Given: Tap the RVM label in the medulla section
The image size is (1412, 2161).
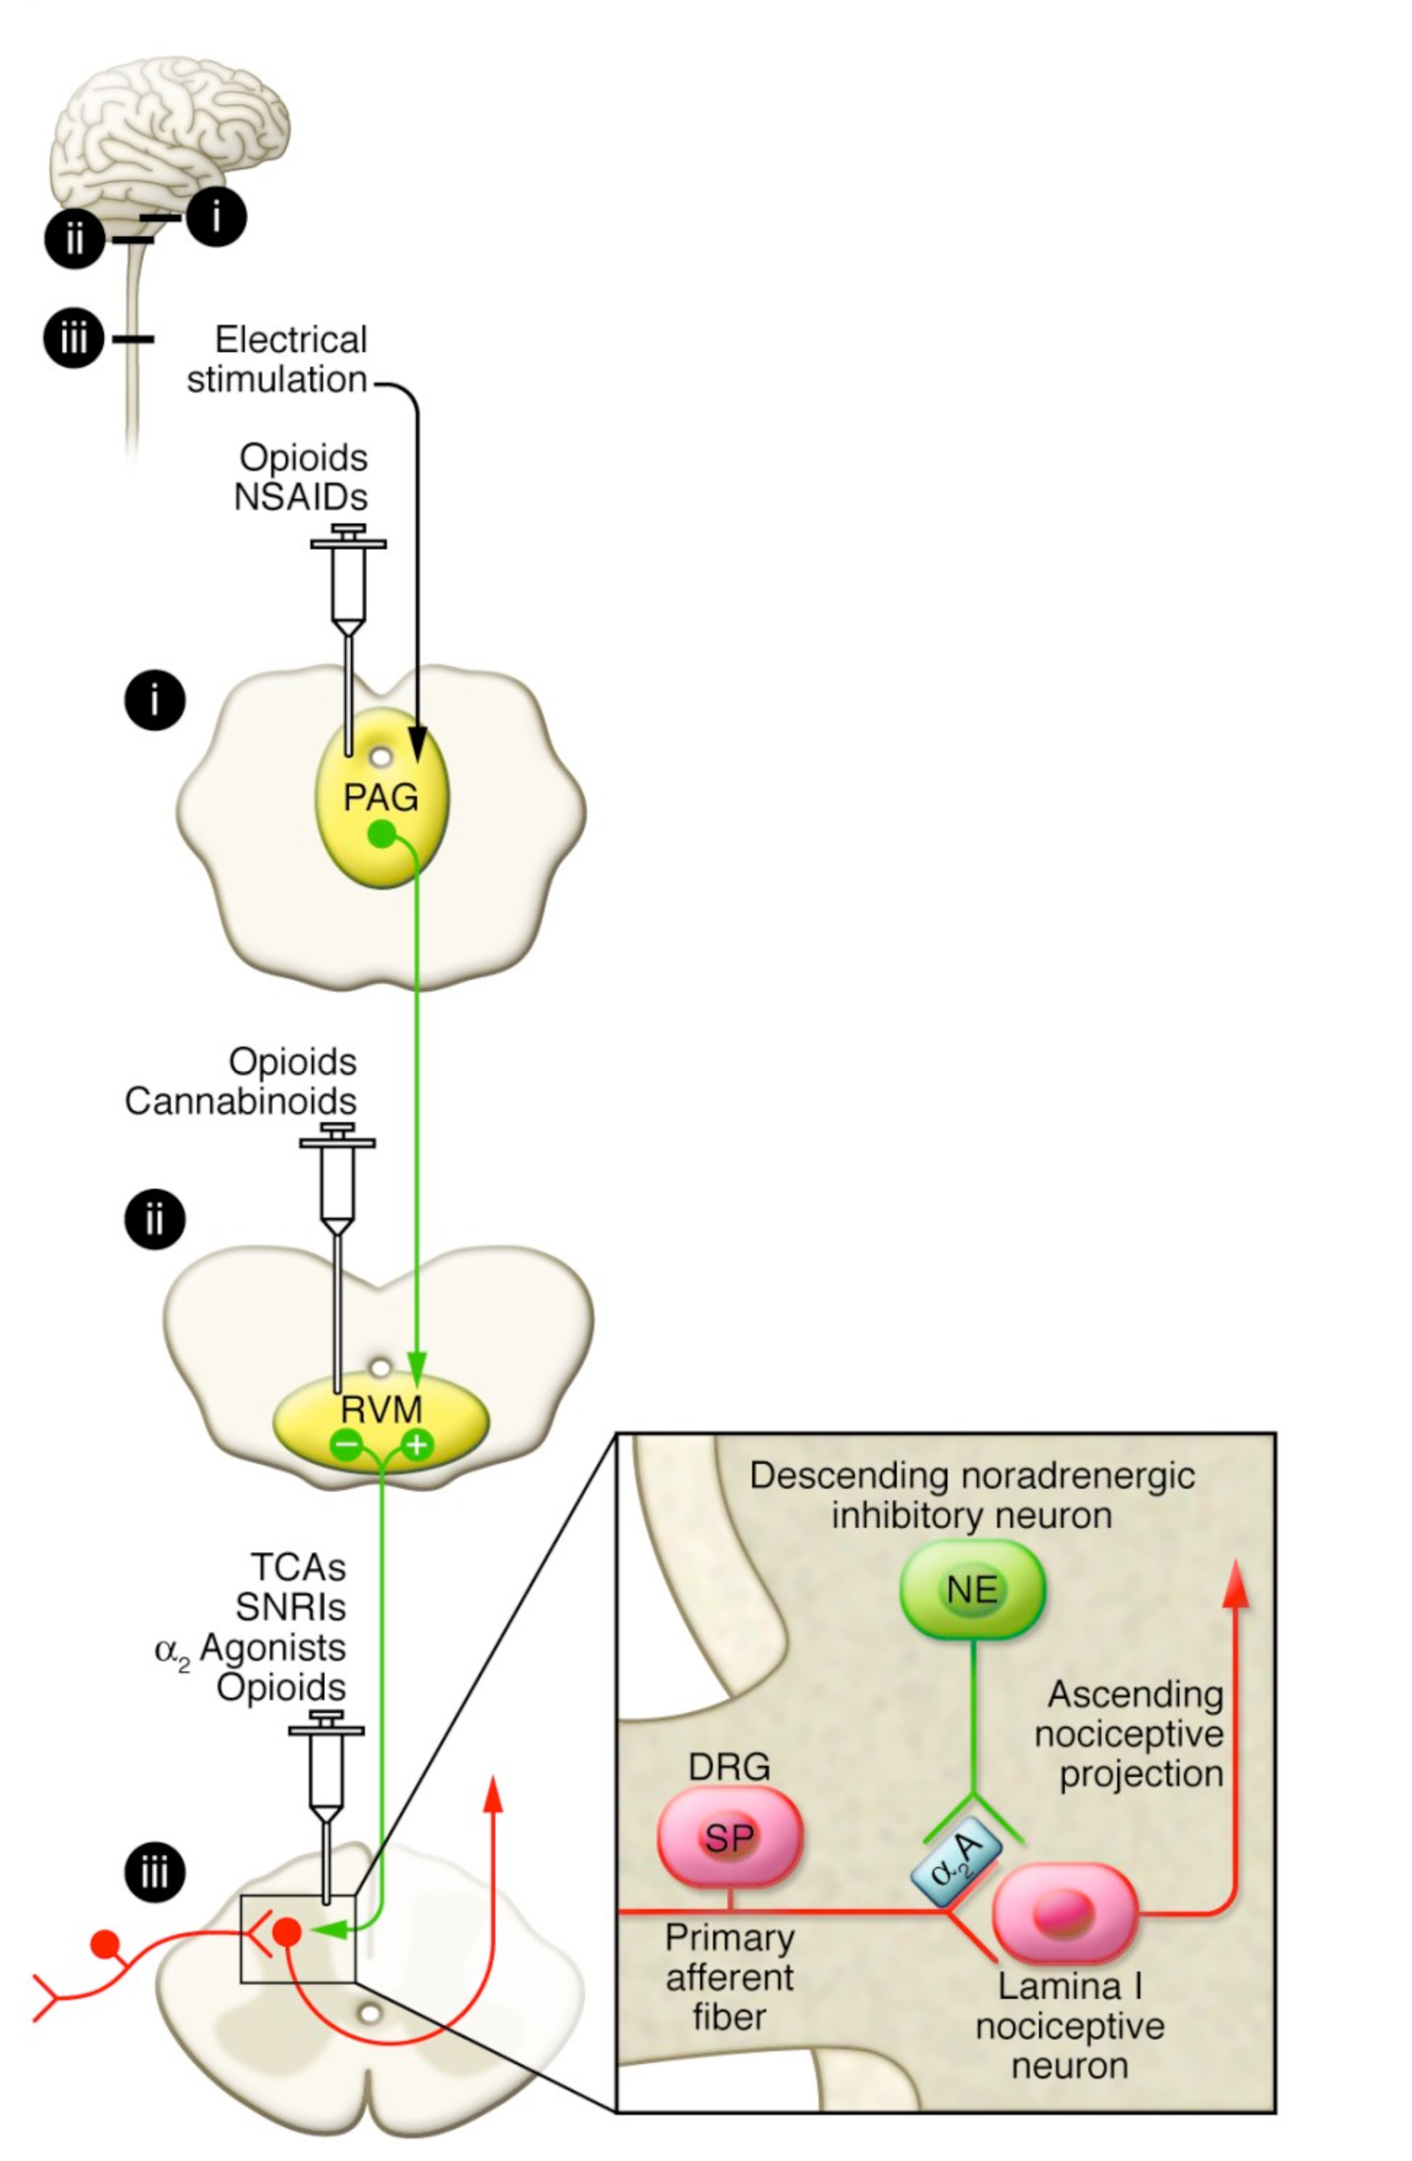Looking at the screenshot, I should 381,1409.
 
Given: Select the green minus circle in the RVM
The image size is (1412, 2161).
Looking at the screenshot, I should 347,1444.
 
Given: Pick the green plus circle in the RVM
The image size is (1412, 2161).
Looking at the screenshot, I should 416,1444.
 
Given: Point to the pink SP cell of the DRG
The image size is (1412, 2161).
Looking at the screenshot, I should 730,1838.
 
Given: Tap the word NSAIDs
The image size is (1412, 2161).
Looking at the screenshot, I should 300,497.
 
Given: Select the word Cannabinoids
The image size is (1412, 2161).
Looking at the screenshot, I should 241,1101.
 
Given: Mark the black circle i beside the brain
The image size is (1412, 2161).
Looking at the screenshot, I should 216,217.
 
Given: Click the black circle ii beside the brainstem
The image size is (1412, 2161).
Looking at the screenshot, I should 74,240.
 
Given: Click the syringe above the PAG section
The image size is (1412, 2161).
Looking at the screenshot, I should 349,590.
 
